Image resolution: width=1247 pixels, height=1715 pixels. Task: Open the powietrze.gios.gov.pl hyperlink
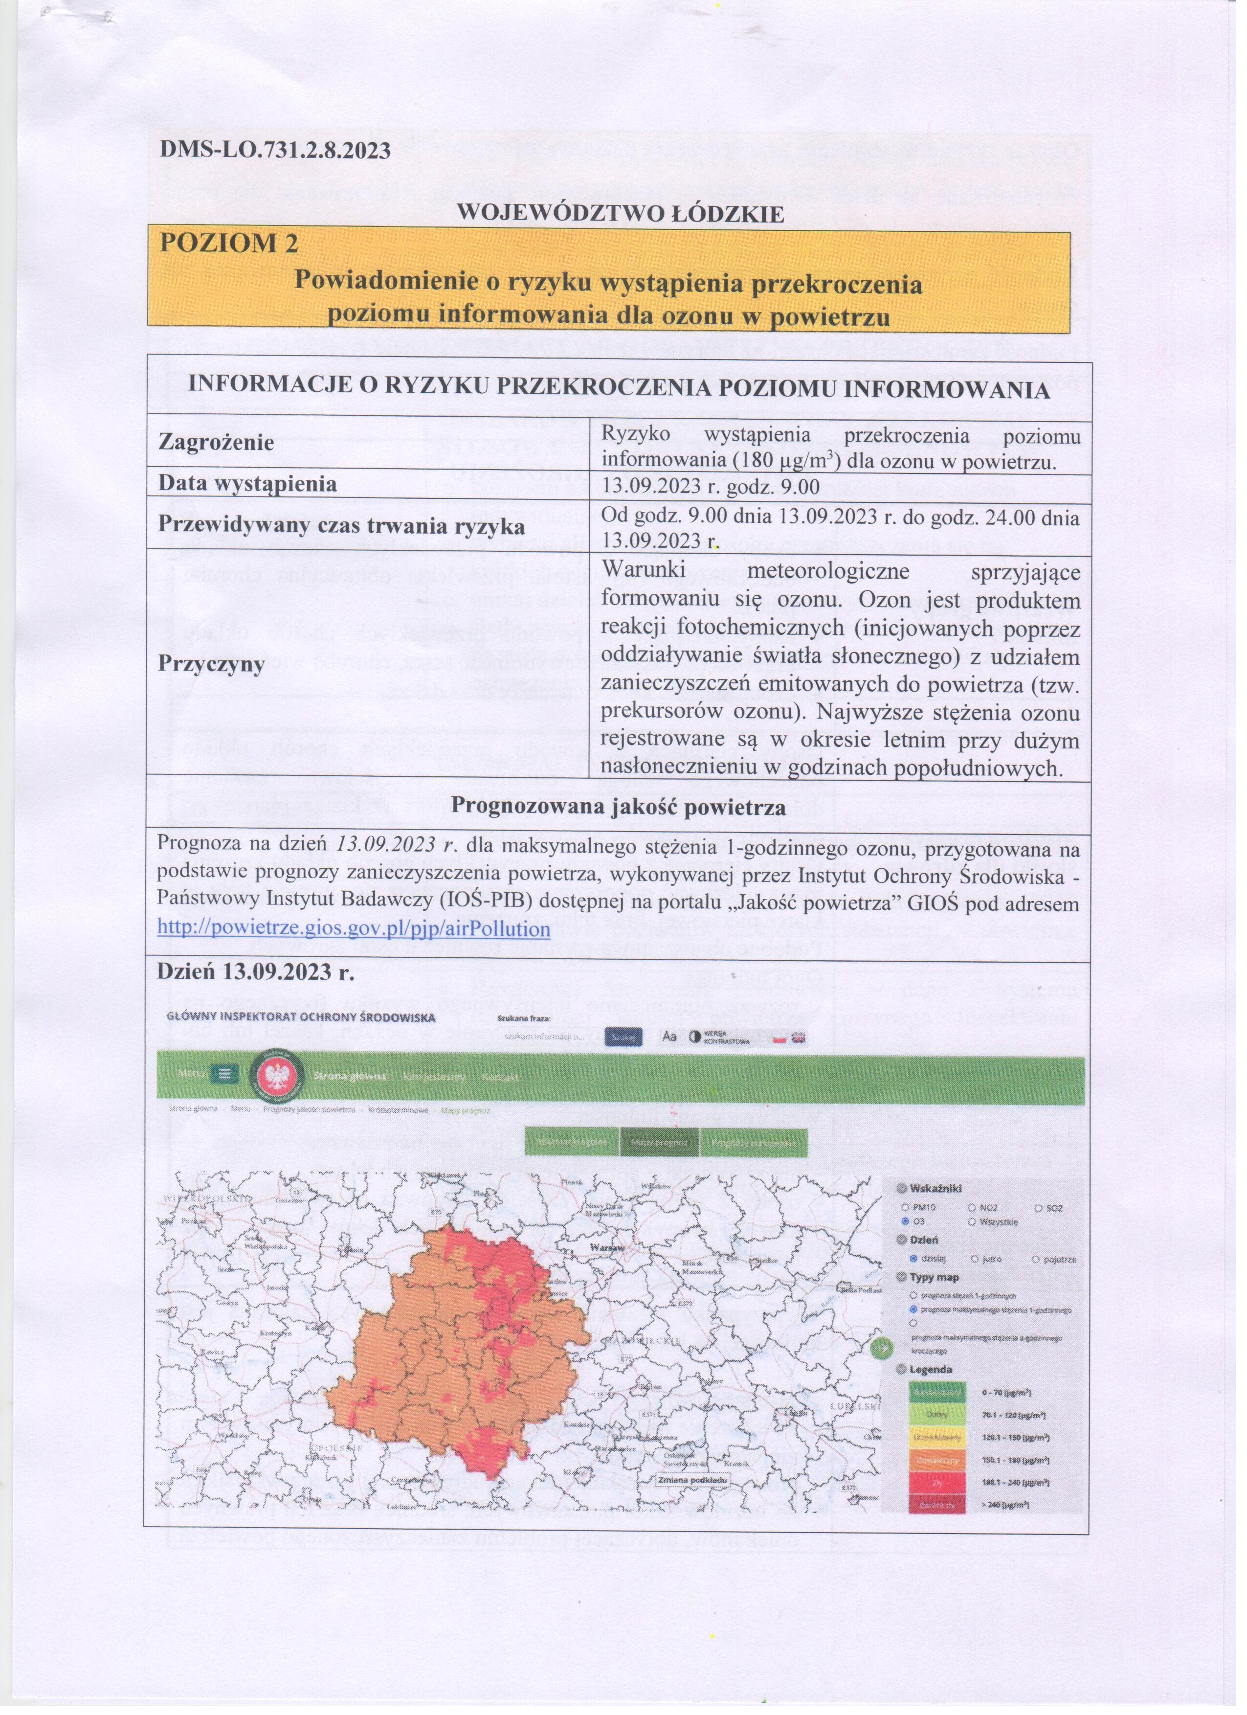tap(353, 928)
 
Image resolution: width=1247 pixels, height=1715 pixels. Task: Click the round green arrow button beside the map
tap(879, 1347)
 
